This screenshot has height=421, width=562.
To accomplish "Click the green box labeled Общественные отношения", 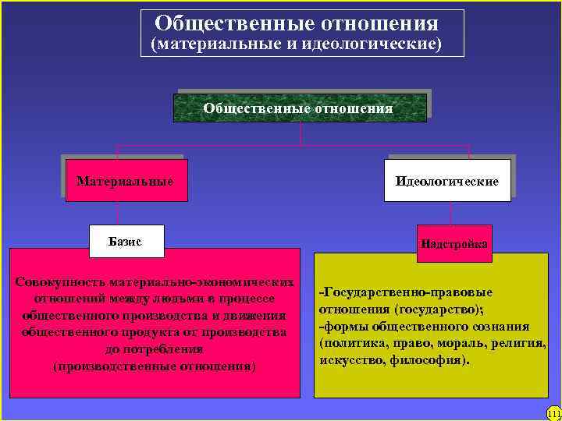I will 299,108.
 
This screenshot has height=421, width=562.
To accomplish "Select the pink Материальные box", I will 125,182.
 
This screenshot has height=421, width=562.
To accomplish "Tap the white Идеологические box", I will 447,182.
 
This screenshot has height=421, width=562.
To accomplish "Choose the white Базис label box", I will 126,242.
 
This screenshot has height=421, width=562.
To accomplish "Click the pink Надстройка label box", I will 454,244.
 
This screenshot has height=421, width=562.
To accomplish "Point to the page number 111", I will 554,413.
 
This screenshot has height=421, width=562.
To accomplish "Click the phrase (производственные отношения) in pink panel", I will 155,366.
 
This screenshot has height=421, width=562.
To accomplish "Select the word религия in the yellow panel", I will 518,343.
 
